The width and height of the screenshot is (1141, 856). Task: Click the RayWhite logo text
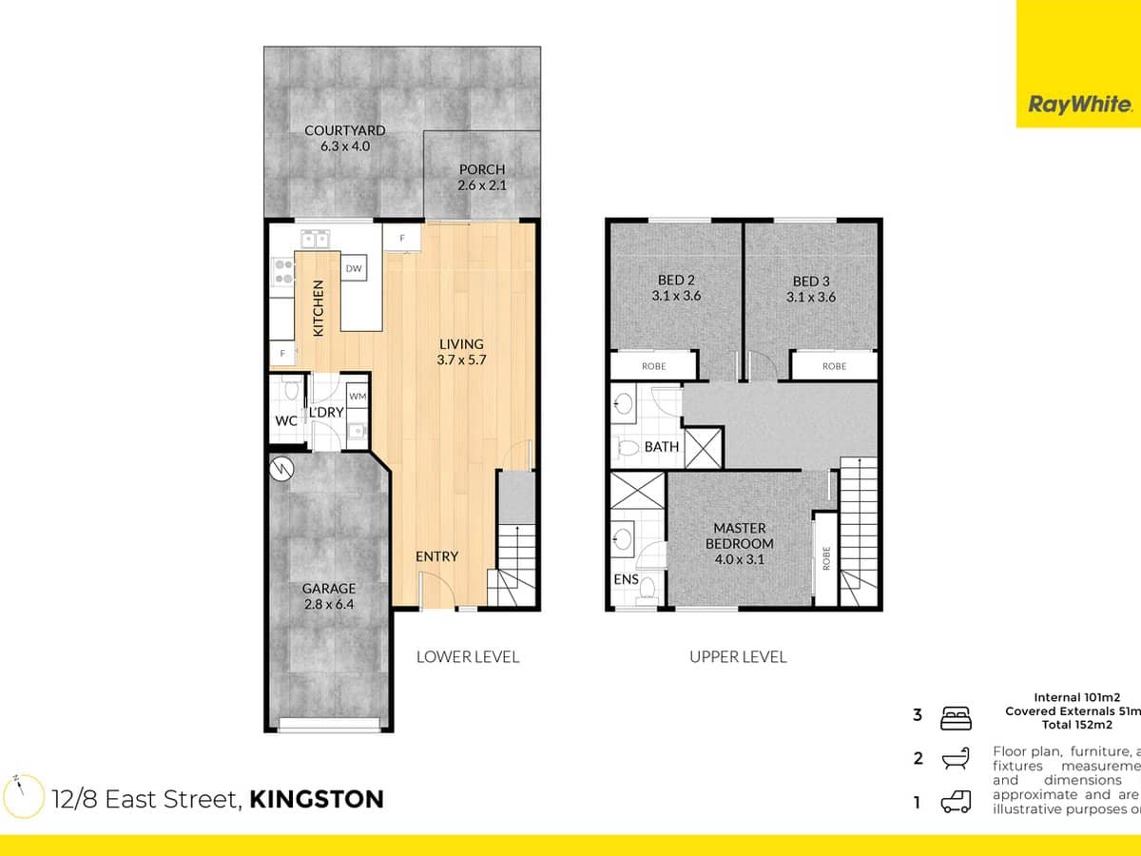click(x=1079, y=105)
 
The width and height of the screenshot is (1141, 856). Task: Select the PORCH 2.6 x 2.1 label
click(x=482, y=178)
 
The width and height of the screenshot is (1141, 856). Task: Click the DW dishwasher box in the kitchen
click(x=354, y=269)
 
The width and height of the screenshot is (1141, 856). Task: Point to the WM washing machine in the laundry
click(x=357, y=396)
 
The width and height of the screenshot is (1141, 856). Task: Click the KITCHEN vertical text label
click(x=319, y=307)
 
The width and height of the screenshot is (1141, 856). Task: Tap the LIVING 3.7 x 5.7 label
click(x=461, y=352)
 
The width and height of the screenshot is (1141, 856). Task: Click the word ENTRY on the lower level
click(x=436, y=556)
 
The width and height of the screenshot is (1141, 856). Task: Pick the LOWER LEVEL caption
click(x=468, y=656)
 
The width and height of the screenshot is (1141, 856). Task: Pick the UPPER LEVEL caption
click(x=738, y=656)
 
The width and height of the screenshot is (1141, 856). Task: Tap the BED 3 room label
click(x=809, y=288)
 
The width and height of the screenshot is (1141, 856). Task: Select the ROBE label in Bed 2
click(x=653, y=366)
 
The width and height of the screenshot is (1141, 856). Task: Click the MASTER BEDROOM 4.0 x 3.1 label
click(x=743, y=543)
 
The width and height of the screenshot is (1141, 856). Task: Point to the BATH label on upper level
click(x=661, y=445)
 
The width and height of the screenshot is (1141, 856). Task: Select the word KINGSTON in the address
click(x=317, y=799)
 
